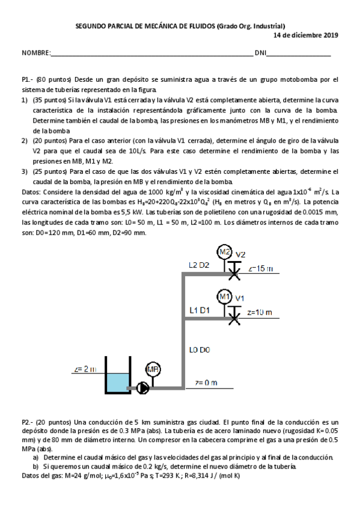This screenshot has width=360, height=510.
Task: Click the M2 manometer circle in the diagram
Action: [225, 251]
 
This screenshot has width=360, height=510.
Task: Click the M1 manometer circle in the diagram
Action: [225, 296]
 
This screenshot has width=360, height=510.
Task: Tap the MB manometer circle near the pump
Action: [152, 370]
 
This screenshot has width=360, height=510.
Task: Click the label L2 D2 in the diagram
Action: [198, 265]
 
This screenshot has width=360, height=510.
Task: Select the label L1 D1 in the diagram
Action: [199, 310]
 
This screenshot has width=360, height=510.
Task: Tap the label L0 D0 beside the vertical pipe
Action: [199, 348]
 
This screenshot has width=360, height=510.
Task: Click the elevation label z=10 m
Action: [260, 313]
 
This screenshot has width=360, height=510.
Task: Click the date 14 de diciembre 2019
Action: [306, 35]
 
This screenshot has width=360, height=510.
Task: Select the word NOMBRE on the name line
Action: [35, 54]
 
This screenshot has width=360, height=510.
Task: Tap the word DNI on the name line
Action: [260, 54]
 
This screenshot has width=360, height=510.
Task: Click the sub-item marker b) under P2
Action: [35, 466]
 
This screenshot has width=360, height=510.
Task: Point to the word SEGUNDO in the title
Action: [90, 26]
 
